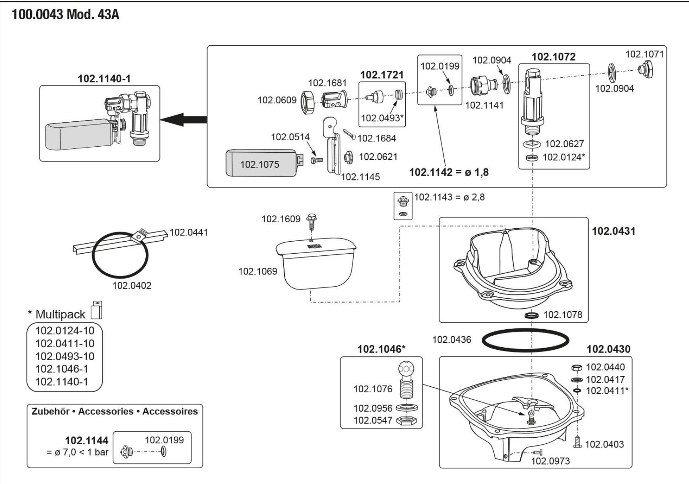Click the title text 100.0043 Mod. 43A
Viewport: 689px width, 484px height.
point(65,15)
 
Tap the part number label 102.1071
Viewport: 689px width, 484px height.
point(644,54)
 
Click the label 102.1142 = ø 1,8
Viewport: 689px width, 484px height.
point(449,172)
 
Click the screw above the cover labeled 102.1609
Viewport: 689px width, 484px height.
point(311,220)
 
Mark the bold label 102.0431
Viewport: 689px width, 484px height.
point(613,231)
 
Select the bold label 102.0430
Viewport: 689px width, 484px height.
point(608,349)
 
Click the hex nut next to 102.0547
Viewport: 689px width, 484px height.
point(406,421)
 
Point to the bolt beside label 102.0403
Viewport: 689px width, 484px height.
point(578,441)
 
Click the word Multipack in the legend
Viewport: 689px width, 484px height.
point(60,314)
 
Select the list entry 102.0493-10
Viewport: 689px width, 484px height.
point(65,356)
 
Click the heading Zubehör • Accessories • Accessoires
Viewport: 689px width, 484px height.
point(115,411)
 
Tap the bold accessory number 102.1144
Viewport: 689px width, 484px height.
point(87,441)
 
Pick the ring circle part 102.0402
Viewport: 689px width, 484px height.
point(120,254)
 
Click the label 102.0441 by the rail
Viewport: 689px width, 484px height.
point(189,232)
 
